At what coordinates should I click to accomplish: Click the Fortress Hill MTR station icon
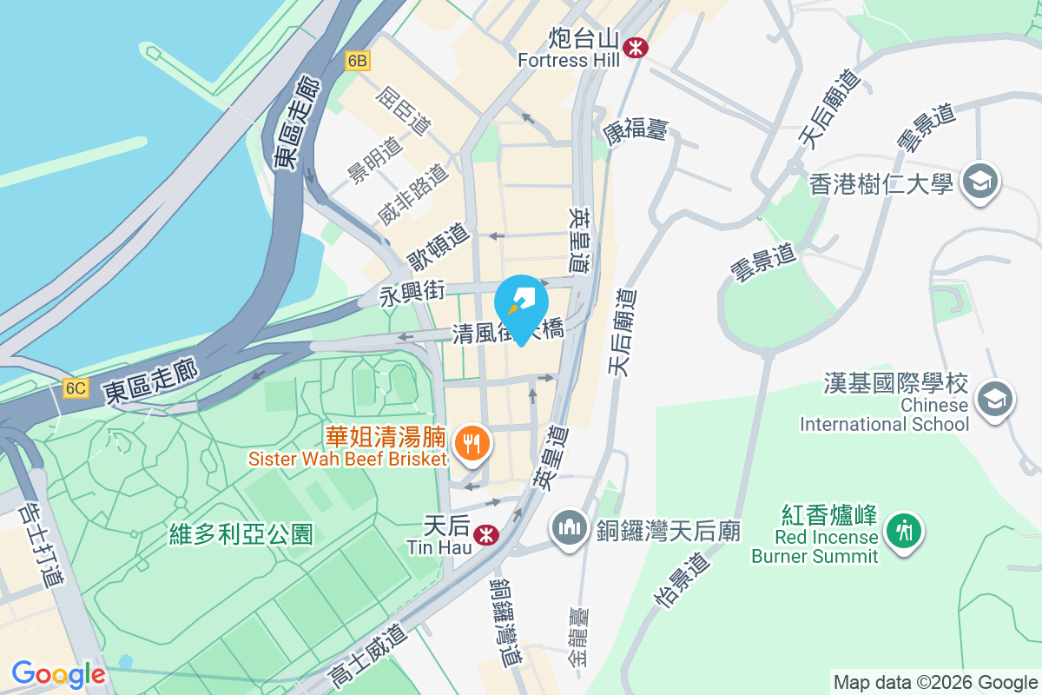coord(636,47)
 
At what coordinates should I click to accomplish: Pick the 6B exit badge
coord(357,61)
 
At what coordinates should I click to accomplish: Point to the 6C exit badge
coord(76,388)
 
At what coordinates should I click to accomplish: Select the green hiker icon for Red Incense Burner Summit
coord(904,528)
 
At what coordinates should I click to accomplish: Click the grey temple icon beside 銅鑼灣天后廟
coord(569,528)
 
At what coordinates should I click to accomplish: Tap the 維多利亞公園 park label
coord(241,533)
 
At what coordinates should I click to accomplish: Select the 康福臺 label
coord(636,131)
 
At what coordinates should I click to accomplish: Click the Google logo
coord(58,674)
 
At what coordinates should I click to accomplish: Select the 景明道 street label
coord(376,160)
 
